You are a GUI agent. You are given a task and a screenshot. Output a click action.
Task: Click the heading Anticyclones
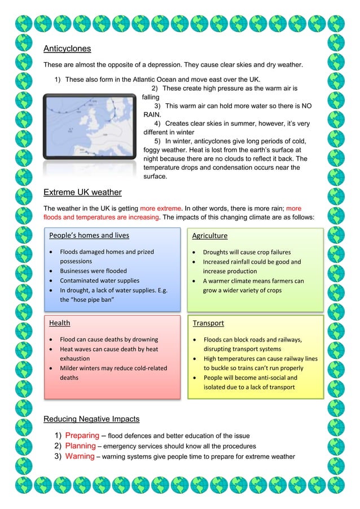(x=67, y=49)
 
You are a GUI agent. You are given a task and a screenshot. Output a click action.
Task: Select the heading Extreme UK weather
(x=82, y=192)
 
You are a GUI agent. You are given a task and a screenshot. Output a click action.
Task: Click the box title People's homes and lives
(x=89, y=235)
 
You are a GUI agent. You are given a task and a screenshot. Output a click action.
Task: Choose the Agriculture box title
(x=210, y=235)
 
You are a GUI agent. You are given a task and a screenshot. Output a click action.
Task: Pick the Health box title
(x=60, y=323)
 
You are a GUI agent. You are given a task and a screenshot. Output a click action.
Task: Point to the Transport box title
(x=208, y=323)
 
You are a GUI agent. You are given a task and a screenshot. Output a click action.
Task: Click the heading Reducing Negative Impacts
(x=91, y=419)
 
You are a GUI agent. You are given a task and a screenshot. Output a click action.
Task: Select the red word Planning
(x=80, y=446)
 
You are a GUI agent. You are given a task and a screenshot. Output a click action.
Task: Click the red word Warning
(x=79, y=456)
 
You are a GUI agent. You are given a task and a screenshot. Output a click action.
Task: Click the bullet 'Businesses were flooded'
(x=93, y=271)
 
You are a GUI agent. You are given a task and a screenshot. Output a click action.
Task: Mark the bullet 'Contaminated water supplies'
(x=99, y=280)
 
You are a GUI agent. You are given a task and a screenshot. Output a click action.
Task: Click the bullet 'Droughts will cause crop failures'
(x=247, y=252)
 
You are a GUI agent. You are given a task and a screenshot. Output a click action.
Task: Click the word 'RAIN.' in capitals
(x=152, y=114)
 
